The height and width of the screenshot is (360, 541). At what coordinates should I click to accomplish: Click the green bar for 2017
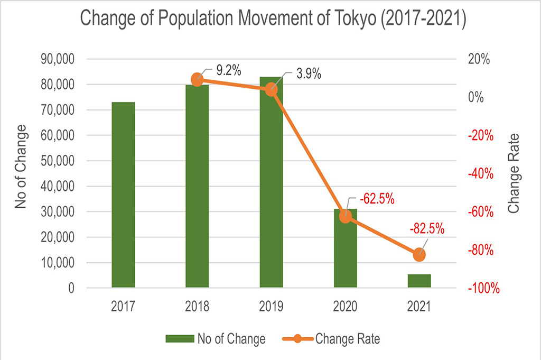(123, 195)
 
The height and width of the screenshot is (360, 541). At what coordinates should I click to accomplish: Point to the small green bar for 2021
(419, 281)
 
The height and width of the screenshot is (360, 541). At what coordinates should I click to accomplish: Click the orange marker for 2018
(197, 80)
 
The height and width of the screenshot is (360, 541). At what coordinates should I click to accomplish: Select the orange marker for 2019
(271, 89)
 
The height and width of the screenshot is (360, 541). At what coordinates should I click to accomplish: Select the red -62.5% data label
(377, 200)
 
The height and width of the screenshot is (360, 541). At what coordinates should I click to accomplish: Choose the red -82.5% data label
(427, 229)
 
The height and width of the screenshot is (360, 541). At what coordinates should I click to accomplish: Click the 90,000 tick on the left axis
(57, 59)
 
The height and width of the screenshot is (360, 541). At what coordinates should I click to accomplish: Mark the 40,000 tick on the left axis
(57, 187)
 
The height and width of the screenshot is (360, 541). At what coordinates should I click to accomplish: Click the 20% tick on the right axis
(478, 59)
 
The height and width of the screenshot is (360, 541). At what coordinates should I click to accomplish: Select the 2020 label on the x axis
(346, 307)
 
